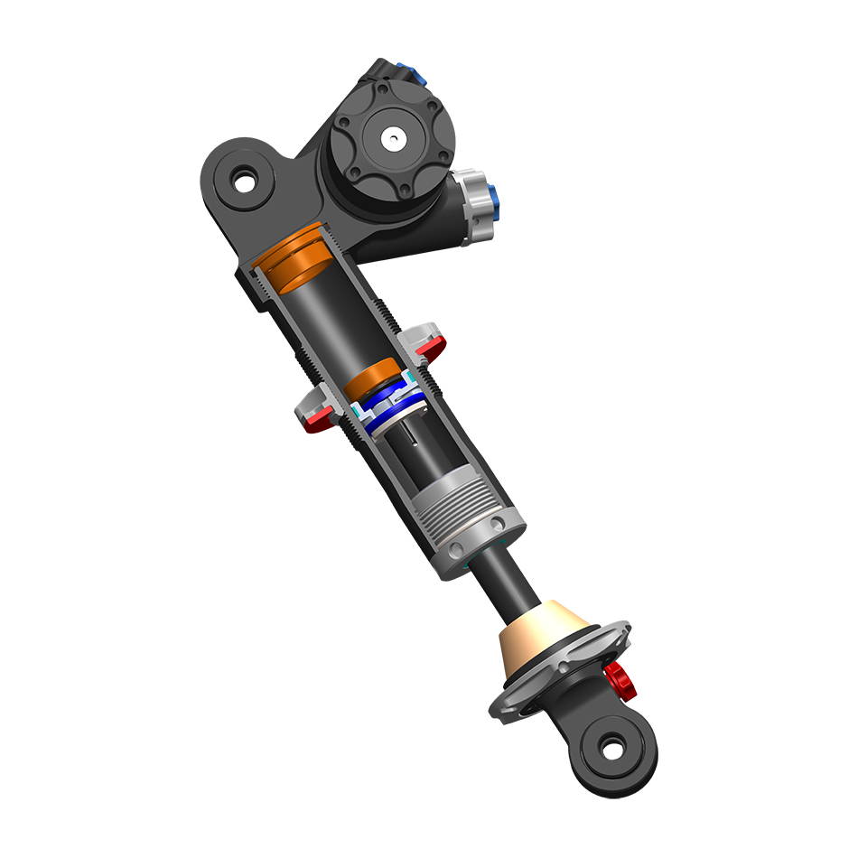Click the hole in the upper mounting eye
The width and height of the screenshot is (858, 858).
pyautogui.click(x=243, y=181)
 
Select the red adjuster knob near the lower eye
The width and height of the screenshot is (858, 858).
pyautogui.click(x=619, y=679)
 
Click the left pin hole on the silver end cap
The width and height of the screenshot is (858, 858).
pyautogui.click(x=456, y=549)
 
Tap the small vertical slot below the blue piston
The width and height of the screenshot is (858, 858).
pyautogui.click(x=412, y=440)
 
